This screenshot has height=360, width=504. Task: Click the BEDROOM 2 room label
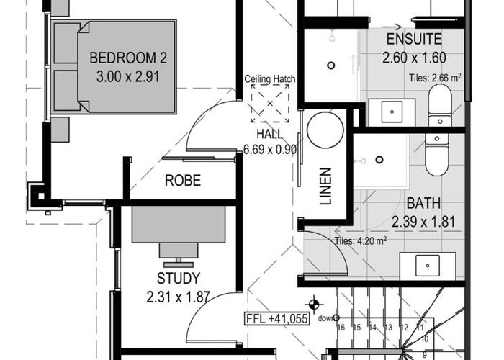[128, 58]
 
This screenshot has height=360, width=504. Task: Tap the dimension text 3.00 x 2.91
[128, 76]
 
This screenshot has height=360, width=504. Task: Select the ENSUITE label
[414, 39]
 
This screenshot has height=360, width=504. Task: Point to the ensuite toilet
[440, 105]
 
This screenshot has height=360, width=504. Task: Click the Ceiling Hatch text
[270, 79]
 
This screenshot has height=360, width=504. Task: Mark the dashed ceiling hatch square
[270, 103]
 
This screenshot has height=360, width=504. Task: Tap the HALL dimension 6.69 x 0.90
[270, 150]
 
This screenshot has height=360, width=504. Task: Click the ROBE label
[183, 180]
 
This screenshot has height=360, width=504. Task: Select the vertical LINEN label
[325, 186]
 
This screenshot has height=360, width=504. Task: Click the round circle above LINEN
[325, 130]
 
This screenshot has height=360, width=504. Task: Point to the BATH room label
[423, 203]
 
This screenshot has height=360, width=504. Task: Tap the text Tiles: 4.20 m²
[360, 240]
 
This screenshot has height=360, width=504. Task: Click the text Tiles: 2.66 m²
[435, 78]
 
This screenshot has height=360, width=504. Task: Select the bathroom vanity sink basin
[428, 266]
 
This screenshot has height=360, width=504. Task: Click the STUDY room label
[179, 279]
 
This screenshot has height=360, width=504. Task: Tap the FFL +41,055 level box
[276, 319]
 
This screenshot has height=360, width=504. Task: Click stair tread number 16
[341, 328]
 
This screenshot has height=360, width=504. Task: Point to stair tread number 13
[388, 328]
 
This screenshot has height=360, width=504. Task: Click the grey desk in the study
[179, 225]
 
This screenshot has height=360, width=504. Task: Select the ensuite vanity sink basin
[392, 112]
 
